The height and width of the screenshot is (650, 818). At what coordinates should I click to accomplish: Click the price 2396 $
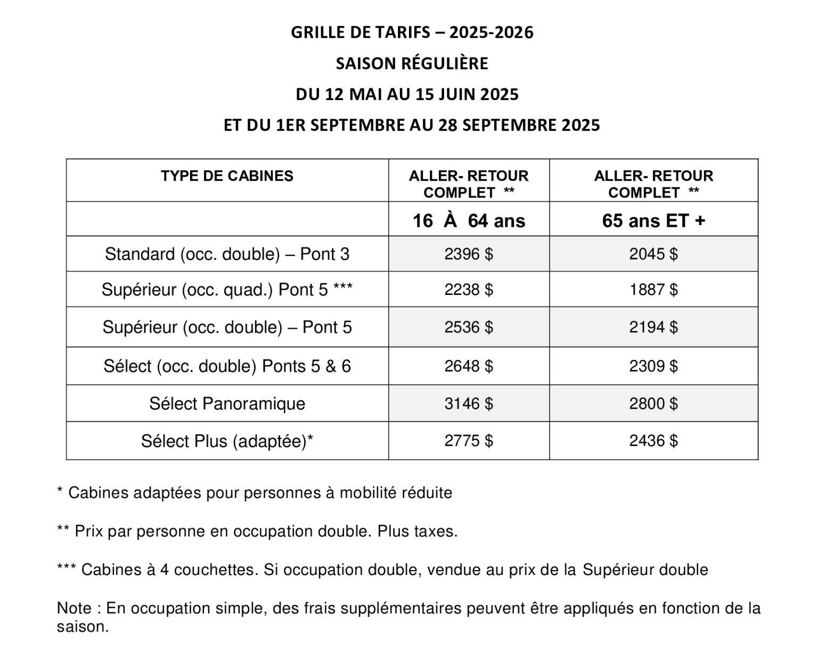(x=469, y=254)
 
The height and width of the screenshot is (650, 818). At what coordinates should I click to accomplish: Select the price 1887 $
(x=653, y=290)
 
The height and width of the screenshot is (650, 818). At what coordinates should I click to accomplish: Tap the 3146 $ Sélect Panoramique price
(x=469, y=404)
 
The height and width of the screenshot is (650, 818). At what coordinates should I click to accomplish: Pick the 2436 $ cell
(x=653, y=441)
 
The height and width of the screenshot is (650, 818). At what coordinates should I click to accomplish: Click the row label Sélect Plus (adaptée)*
(x=227, y=441)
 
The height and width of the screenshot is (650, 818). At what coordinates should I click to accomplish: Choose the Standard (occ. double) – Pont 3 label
(x=227, y=254)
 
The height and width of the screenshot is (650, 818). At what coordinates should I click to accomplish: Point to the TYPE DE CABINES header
(x=227, y=176)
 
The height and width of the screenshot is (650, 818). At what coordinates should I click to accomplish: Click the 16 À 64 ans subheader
(x=469, y=220)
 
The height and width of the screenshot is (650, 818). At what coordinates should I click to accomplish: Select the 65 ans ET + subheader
(x=653, y=220)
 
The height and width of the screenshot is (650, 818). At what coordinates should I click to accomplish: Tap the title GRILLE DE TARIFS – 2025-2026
(x=412, y=32)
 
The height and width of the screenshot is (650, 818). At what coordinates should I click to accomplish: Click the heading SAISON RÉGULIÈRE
(x=412, y=63)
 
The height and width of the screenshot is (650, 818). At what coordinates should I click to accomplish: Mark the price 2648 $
(x=469, y=366)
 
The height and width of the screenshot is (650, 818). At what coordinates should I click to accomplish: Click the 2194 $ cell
(x=653, y=327)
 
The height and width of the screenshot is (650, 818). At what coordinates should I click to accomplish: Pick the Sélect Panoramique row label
(x=227, y=404)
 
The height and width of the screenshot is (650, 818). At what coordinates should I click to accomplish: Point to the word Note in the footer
(x=74, y=608)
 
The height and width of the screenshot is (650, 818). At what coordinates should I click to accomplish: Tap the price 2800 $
(x=653, y=404)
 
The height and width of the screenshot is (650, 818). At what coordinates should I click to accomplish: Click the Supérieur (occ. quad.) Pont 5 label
(x=227, y=290)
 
